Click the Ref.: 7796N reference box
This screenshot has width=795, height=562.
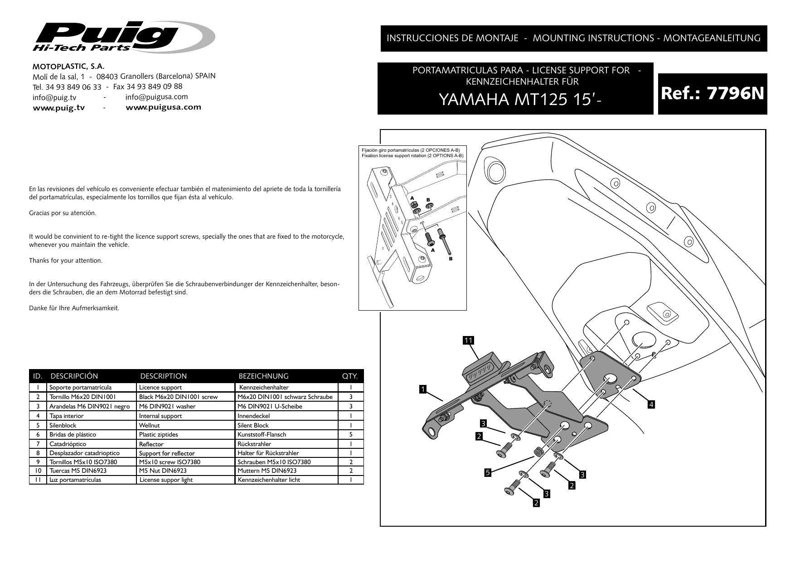point(712,94)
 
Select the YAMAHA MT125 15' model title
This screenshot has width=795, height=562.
point(516,100)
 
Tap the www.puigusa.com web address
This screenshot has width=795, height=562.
point(163,107)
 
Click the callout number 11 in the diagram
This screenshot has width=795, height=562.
point(468,341)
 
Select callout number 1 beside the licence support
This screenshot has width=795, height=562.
point(422,389)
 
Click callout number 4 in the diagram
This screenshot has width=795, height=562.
point(651,404)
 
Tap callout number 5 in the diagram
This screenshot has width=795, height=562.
point(488,473)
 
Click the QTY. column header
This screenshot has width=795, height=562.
point(349,376)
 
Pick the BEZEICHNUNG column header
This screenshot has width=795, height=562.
point(263,376)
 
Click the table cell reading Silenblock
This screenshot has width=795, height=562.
point(63,425)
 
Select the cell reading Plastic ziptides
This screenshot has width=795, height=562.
point(158,434)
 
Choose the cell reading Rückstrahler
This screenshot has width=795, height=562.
point(254,444)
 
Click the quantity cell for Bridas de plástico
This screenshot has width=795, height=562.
point(350,434)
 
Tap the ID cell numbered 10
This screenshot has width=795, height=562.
point(38,471)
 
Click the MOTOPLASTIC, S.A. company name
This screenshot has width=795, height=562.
point(68,66)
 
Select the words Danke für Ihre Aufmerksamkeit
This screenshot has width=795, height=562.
point(74,308)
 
